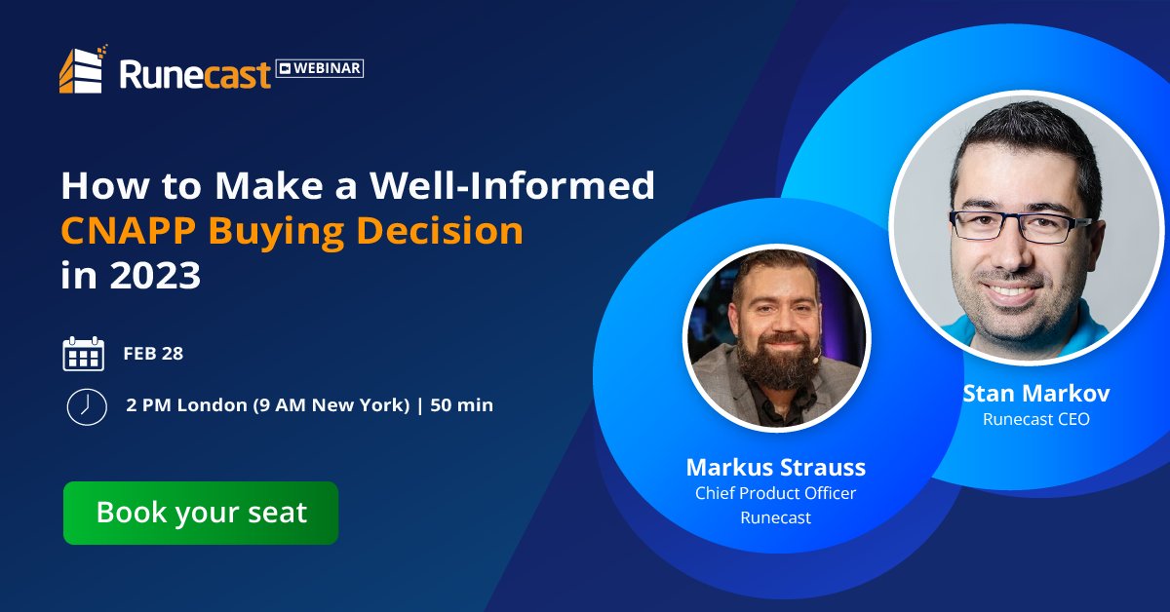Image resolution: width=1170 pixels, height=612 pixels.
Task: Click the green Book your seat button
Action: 201,513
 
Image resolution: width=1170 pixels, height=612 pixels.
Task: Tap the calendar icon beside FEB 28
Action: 83,354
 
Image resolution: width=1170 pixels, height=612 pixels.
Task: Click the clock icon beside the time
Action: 86,405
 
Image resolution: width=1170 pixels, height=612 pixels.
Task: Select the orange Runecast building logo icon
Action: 82,70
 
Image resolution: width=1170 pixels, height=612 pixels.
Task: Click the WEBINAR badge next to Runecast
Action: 320,68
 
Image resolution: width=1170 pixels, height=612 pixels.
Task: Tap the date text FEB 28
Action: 153,354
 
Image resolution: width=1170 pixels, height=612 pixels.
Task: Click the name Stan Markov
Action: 1036,394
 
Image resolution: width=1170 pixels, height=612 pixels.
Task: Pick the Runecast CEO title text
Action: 1036,420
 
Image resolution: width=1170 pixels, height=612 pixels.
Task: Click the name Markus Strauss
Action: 775,466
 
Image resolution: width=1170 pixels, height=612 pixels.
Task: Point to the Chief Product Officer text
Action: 775,493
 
